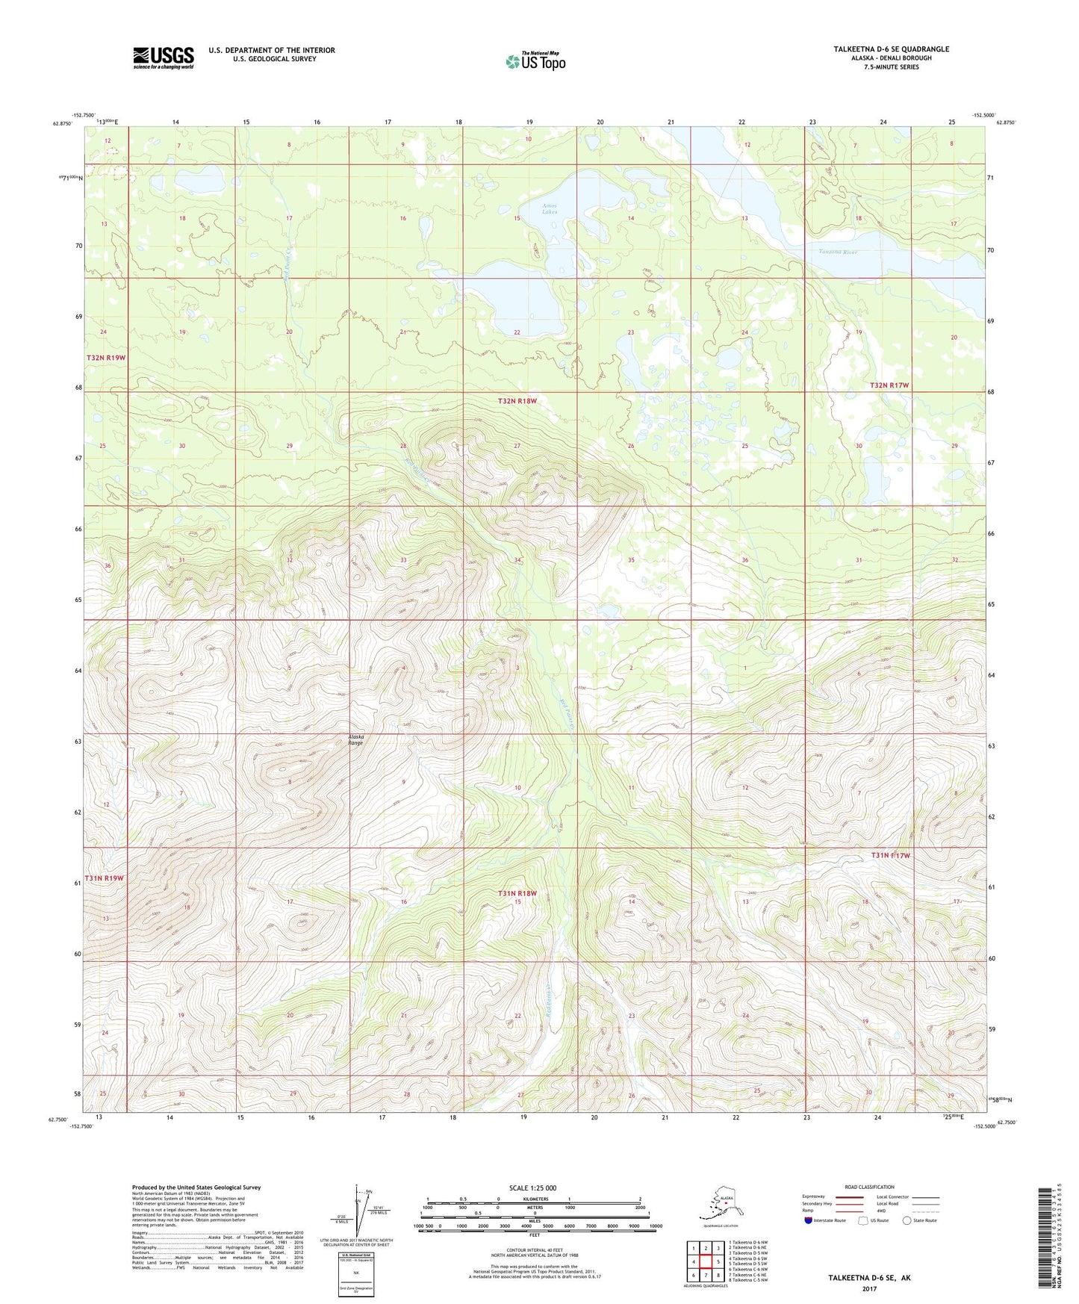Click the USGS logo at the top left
163,58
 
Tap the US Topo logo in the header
535,61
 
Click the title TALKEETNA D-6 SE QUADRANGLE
891,49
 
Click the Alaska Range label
356,740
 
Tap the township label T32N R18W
517,402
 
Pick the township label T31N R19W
104,878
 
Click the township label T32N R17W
889,385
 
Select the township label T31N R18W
517,893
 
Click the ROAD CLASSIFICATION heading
869,1187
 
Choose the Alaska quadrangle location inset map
720,1206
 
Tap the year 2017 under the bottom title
868,1288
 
